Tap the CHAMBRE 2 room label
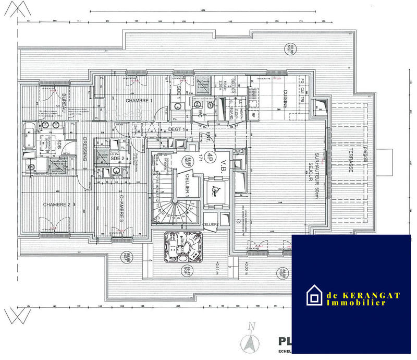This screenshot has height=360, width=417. coord(56,204)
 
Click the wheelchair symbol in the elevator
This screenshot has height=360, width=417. coord(214,191)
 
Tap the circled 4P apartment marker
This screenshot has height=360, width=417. coord(210,156)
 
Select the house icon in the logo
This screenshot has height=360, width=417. coord(314,296)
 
